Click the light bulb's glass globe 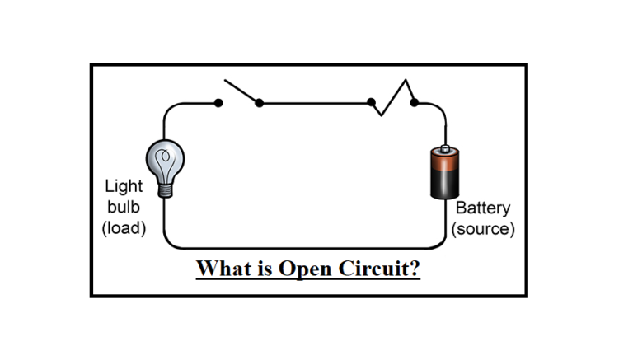[165, 157]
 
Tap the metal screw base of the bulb [166, 187]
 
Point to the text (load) [124, 227]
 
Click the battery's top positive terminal [445, 150]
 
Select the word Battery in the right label [483, 208]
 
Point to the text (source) [483, 229]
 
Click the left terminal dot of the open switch [218, 103]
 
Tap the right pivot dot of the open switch [259, 103]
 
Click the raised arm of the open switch [241, 92]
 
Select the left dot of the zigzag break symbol [372, 103]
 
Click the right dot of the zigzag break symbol [415, 103]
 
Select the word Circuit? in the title [377, 269]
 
